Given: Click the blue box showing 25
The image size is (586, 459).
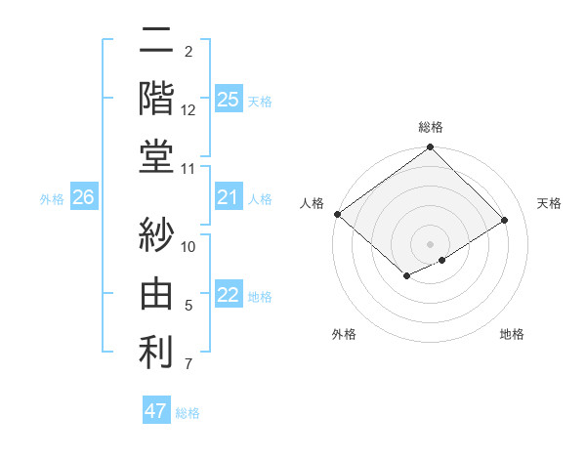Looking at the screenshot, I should pyautogui.click(x=228, y=99).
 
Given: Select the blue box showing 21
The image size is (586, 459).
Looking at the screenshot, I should pyautogui.click(x=228, y=198).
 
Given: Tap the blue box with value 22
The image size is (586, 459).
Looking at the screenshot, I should pyautogui.click(x=228, y=296).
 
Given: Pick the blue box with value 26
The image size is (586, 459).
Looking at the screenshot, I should pyautogui.click(x=83, y=198).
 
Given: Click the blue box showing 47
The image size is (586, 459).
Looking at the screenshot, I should pyautogui.click(x=155, y=411).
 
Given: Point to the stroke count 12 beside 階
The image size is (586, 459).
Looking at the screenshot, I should pyautogui.click(x=188, y=110).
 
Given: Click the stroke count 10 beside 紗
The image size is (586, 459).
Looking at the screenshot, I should pyautogui.click(x=188, y=246).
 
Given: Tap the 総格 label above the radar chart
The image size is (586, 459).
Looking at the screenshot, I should pyautogui.click(x=430, y=127).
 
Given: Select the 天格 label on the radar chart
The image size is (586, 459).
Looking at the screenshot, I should pyautogui.click(x=549, y=203).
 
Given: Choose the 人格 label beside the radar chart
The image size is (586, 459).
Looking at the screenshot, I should pyautogui.click(x=313, y=203).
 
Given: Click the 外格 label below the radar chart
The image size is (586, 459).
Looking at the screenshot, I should pyautogui.click(x=344, y=334).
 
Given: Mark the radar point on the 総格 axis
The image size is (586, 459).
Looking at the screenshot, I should pyautogui.click(x=430, y=148).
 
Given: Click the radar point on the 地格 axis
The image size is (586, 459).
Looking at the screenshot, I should pyautogui.click(x=442, y=260).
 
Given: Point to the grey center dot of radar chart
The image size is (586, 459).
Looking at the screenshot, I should pyautogui.click(x=430, y=242).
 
